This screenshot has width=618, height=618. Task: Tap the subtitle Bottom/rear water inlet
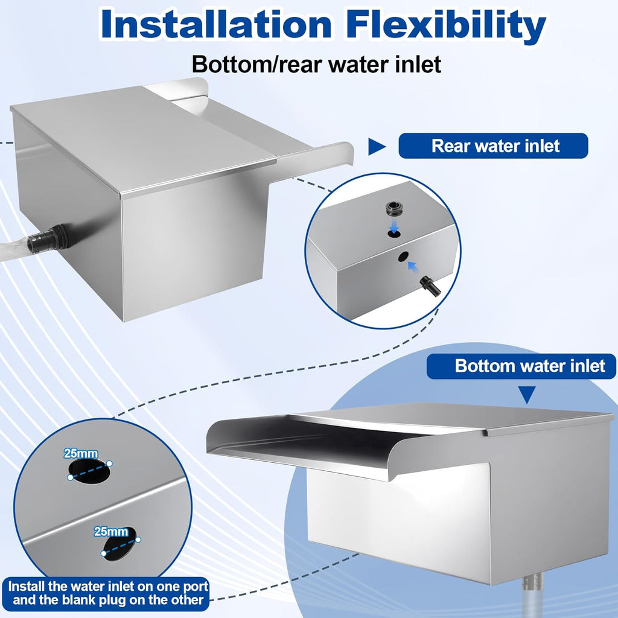(x=316, y=63)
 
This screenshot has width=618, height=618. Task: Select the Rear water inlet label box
(x=493, y=146)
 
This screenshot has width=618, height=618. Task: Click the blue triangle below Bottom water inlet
(x=528, y=395)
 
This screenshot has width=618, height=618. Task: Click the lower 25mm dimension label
(x=111, y=532)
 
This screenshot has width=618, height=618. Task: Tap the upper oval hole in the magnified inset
(x=89, y=471)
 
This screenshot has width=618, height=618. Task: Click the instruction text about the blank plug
(x=109, y=593)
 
